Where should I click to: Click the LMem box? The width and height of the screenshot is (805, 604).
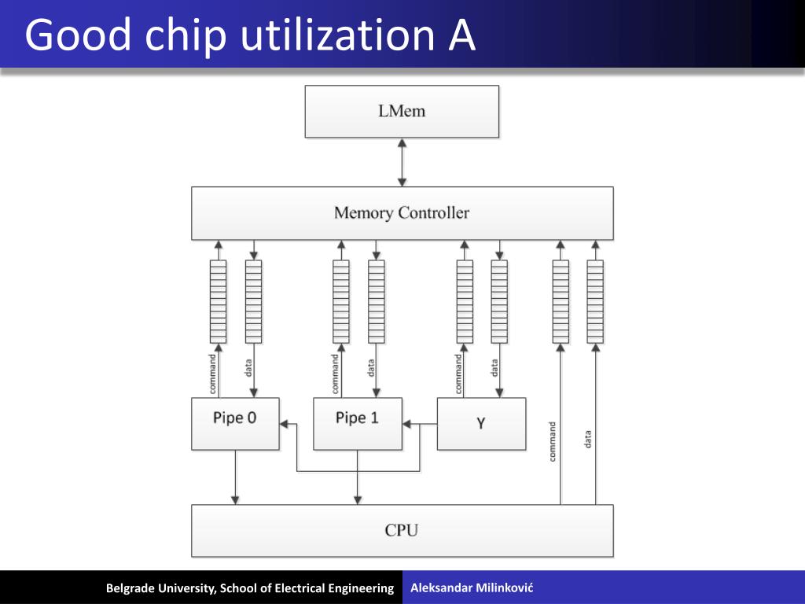pos(402,112)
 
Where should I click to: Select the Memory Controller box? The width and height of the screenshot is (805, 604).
pos(402,213)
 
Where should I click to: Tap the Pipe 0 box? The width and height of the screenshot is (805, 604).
pos(235,423)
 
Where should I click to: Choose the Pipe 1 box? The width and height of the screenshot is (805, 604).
pos(357,423)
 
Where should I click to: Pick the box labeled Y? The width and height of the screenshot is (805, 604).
pos(481,423)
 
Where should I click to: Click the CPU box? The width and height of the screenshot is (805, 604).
pos(402,530)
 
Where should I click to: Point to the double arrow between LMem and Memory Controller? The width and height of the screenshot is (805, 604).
pos(402,162)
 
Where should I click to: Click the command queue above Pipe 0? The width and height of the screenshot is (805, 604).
pos(218,301)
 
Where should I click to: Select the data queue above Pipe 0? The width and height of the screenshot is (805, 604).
pos(253,301)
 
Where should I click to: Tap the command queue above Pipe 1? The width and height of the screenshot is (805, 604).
pos(340,301)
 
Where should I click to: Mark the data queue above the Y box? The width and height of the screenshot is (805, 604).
pos(499,301)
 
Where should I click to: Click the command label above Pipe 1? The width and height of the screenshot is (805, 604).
pos(336,374)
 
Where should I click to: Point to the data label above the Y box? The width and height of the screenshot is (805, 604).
pos(494,367)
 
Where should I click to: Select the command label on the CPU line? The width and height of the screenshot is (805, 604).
pos(553,441)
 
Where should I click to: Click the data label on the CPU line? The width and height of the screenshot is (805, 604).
pos(588,439)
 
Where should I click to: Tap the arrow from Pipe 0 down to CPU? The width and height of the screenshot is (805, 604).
pos(235,477)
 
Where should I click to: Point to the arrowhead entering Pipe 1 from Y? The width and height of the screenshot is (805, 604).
pos(407,425)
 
